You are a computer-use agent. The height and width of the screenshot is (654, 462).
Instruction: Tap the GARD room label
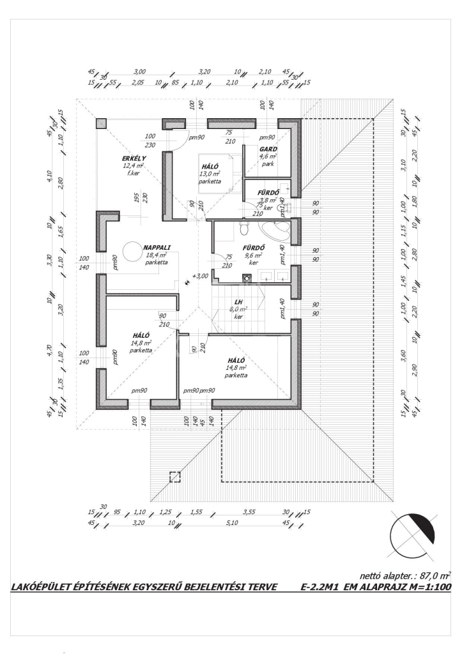[x=268, y=148]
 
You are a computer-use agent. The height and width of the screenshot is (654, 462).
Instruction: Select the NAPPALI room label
[x=157, y=247]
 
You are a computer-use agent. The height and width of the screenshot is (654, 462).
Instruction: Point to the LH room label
[x=238, y=301]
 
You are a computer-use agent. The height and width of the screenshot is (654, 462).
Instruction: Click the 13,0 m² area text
[x=210, y=173]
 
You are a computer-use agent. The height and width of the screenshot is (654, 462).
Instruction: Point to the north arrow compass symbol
[x=412, y=533]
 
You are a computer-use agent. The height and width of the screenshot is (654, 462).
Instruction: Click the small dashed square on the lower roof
[x=174, y=476]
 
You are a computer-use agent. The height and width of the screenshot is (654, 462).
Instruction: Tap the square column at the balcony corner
[x=102, y=123]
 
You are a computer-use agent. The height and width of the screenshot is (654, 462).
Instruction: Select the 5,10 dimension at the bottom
[x=233, y=523]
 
